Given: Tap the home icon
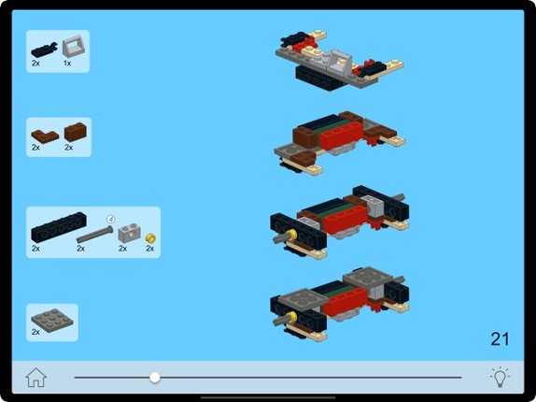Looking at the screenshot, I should coord(35,378).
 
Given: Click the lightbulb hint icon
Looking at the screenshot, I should coord(501,378).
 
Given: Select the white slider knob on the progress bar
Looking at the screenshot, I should coord(155,378).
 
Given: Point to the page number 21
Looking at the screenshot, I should coord(500,338).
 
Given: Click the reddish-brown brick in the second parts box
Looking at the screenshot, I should coord(75,133).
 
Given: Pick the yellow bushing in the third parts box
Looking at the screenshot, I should coord(150,238).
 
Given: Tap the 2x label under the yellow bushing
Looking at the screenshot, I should coord(150,250).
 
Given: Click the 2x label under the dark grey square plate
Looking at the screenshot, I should coord(36,332).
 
